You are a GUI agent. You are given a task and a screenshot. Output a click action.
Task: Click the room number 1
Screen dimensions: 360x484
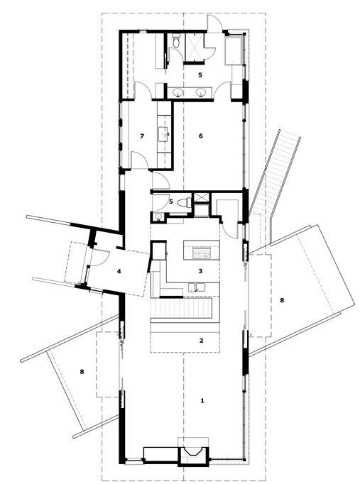tap(202, 401)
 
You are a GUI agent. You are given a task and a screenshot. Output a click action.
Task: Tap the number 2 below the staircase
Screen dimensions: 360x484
tap(202, 341)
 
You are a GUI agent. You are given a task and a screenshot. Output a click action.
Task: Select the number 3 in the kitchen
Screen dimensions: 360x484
tap(200, 271)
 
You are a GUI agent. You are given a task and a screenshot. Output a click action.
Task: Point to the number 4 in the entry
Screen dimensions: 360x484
tap(119, 271)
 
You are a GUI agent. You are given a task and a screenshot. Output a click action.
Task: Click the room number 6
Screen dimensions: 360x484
tap(201, 136)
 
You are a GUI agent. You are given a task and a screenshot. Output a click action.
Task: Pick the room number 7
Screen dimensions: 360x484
tap(142, 136)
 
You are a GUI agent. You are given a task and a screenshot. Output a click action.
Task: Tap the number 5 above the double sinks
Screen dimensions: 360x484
tap(200, 75)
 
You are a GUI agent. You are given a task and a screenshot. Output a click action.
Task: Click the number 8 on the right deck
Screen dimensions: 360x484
tap(282, 300)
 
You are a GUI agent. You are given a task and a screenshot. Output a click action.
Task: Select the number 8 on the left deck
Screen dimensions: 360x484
tap(82, 372)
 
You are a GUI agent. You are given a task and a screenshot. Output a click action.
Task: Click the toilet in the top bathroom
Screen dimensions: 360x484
tap(176, 41)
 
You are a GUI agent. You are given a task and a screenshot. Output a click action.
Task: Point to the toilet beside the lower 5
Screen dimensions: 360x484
tap(185, 202)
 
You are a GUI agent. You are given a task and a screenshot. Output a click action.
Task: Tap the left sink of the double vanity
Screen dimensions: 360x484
tap(178, 92)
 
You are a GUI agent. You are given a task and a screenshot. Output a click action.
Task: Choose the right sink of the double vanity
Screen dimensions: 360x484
tap(201, 92)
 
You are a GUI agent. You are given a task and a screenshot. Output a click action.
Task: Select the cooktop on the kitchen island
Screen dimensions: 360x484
tap(202, 253)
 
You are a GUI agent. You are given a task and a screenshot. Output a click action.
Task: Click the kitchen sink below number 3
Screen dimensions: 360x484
tap(197, 287)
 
